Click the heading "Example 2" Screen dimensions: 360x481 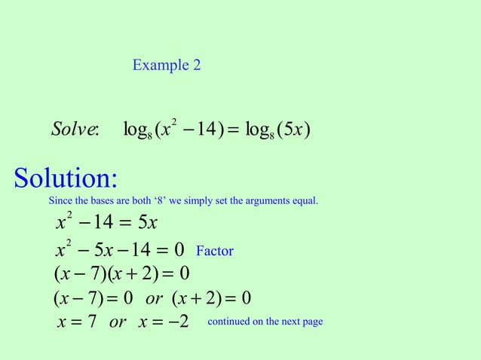[x=166, y=66]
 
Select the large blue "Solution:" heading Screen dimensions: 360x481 [x=66, y=179]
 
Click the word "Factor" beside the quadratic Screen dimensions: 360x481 [x=214, y=251]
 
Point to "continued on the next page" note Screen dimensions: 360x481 [x=265, y=322]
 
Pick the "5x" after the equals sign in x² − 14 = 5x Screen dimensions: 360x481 [x=144, y=223]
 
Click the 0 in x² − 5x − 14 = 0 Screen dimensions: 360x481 [x=179, y=249]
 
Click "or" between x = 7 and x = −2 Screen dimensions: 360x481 [x=118, y=323]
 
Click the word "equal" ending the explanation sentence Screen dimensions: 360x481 [x=307, y=201]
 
